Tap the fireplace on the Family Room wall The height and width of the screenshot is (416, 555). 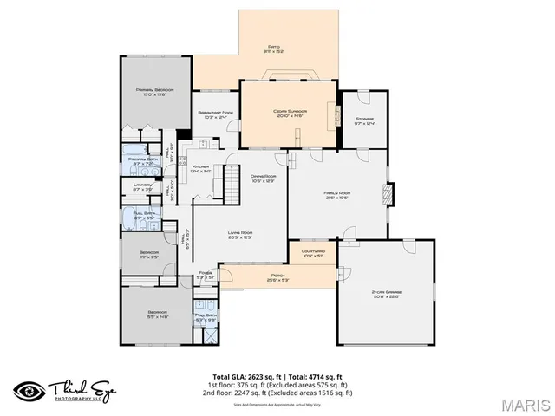[x=388, y=192]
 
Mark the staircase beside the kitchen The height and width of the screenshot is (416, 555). [x=231, y=181]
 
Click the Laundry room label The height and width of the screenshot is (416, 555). [x=144, y=186]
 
